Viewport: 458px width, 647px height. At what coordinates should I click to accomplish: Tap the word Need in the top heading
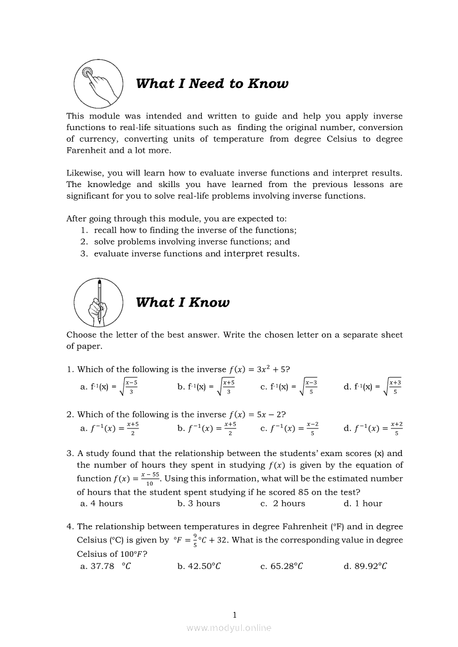tap(207, 84)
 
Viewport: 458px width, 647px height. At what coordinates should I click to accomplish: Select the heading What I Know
tap(182, 303)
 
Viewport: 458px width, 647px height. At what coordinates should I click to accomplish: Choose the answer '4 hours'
tap(101, 504)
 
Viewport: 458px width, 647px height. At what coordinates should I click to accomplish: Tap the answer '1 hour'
tap(363, 504)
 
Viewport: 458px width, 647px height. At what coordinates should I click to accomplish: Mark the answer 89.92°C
tap(365, 566)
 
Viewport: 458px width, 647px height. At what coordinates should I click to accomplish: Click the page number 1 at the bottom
tap(235, 615)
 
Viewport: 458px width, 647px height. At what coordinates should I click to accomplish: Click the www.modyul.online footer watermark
tap(229, 628)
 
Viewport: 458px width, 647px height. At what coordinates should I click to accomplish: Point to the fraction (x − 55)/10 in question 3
tap(150, 479)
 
